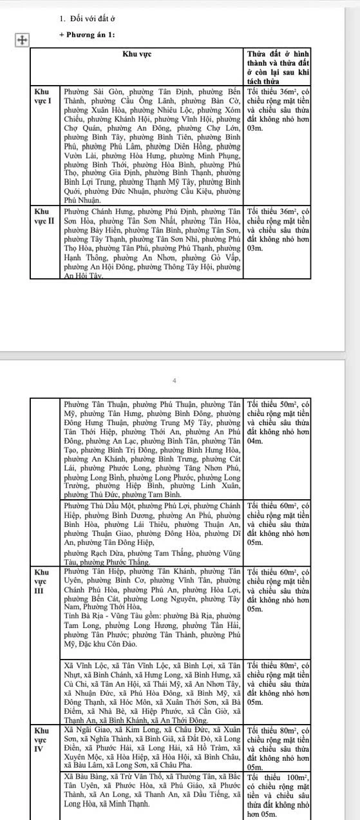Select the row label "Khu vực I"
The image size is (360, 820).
coord(43,97)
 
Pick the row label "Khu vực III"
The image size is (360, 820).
coord(43,581)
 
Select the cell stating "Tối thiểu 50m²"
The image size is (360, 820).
coord(278,403)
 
